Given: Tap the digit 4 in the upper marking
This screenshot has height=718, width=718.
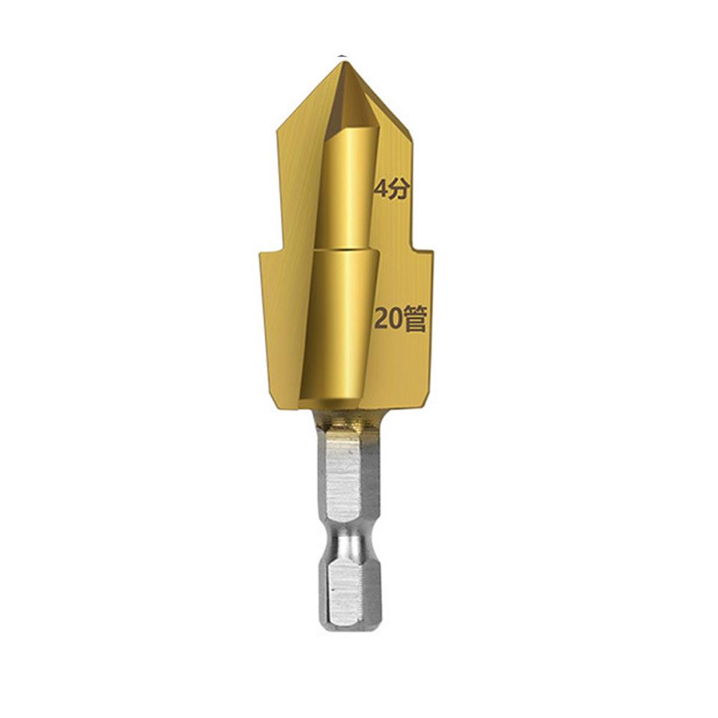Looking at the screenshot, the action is (x=381, y=189).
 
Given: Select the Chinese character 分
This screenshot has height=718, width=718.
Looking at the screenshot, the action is (x=398, y=189).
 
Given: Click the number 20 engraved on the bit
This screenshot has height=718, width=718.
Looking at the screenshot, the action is (x=387, y=319).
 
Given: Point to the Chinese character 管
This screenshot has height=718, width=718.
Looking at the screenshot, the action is (x=414, y=319).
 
